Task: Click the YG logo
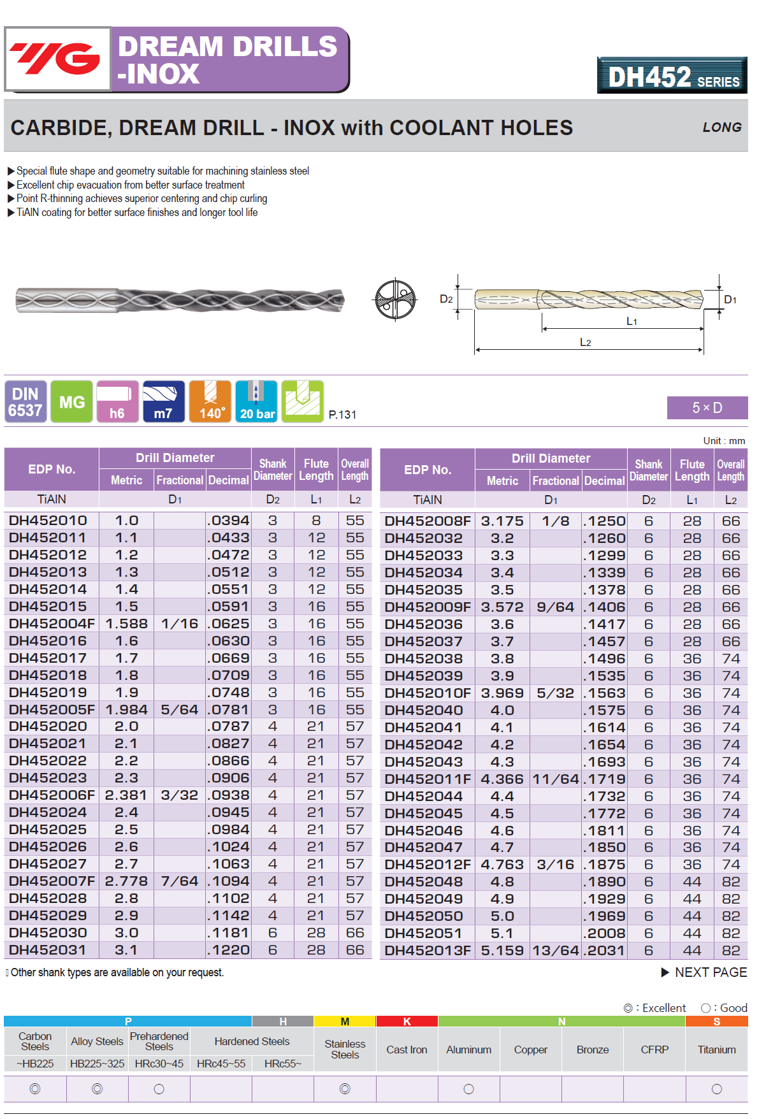coord(57,59)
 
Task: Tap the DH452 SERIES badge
coord(672,76)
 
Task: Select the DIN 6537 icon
coord(25,401)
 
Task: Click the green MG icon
coord(71,401)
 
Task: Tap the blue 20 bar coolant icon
coord(257,401)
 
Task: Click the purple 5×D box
coord(707,408)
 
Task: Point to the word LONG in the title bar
coord(721,127)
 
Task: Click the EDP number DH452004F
coord(52,624)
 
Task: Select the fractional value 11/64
coord(556,779)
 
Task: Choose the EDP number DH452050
coord(423,916)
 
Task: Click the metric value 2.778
coord(126,881)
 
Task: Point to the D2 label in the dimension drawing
coord(446,300)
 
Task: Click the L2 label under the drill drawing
coord(585,343)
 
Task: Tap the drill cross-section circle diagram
coord(395,300)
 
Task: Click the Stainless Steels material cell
coord(345,1050)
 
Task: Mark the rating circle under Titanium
coord(716,1089)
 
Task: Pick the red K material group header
coord(407,1022)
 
